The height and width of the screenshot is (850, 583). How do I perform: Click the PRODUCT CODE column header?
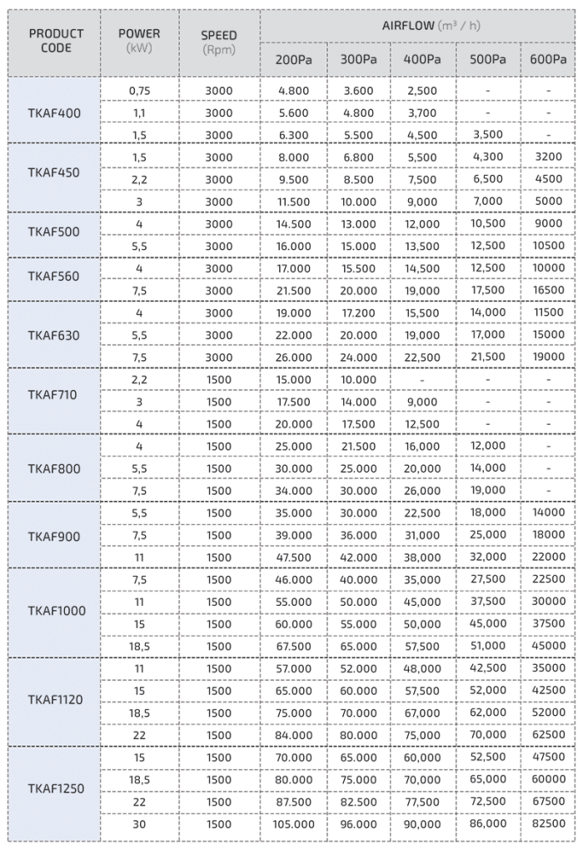click(56, 41)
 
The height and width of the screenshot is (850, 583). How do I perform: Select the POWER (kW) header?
click(139, 41)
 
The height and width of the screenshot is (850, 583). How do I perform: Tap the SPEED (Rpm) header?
click(219, 42)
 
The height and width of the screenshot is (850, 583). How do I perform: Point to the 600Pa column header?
click(548, 59)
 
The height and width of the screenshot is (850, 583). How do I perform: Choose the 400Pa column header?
click(422, 59)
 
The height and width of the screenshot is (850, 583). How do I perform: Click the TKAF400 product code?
click(54, 112)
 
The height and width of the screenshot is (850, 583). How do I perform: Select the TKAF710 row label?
click(54, 395)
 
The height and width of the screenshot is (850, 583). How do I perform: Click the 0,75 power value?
click(139, 90)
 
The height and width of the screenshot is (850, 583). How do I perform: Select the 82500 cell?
click(548, 824)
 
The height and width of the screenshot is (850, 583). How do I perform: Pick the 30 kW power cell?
click(139, 824)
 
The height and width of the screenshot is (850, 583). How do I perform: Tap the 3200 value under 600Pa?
click(548, 157)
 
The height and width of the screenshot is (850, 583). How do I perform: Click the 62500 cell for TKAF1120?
click(548, 735)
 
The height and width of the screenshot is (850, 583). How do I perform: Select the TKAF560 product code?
click(54, 277)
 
